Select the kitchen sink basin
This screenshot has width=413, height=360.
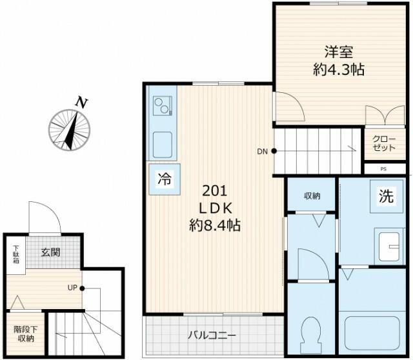pyautogui.click(x=162, y=143)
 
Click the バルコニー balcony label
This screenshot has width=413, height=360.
pyautogui.click(x=212, y=335)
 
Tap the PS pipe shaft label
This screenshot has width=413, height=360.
pyautogui.click(x=383, y=169)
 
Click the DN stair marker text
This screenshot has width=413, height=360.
pyautogui.click(x=262, y=152)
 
